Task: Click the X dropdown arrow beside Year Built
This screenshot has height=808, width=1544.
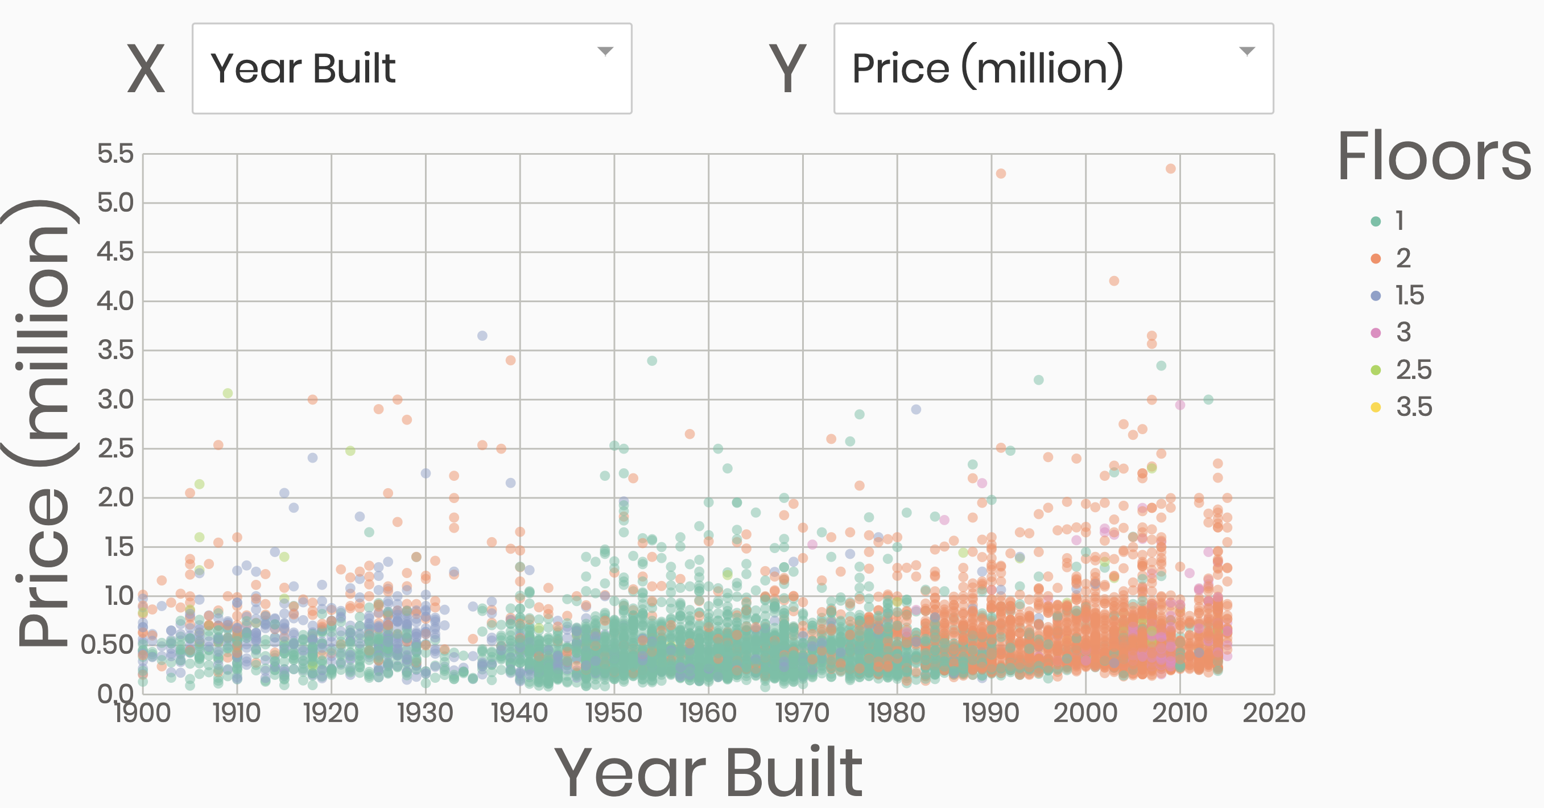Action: [605, 52]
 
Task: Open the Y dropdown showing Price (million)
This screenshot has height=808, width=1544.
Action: [1053, 68]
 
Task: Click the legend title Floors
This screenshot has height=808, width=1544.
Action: [1434, 157]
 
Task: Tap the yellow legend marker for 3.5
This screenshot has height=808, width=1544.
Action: [1376, 407]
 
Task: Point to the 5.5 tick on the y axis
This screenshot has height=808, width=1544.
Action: [115, 154]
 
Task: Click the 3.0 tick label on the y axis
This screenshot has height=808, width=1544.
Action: [115, 399]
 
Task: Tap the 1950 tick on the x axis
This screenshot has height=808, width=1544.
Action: [614, 714]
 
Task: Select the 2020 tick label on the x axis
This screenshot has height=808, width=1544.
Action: [1274, 714]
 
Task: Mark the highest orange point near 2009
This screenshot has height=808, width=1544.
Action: [1171, 169]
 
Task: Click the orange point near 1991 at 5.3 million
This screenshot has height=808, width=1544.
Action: [1001, 174]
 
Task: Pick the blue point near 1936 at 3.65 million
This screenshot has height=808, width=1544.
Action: [482, 336]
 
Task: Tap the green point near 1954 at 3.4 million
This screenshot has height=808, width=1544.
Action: [652, 361]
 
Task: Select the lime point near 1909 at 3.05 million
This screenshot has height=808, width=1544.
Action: [228, 393]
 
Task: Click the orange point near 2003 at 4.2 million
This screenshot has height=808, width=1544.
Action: [1114, 281]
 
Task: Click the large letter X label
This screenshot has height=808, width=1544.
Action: [146, 69]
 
